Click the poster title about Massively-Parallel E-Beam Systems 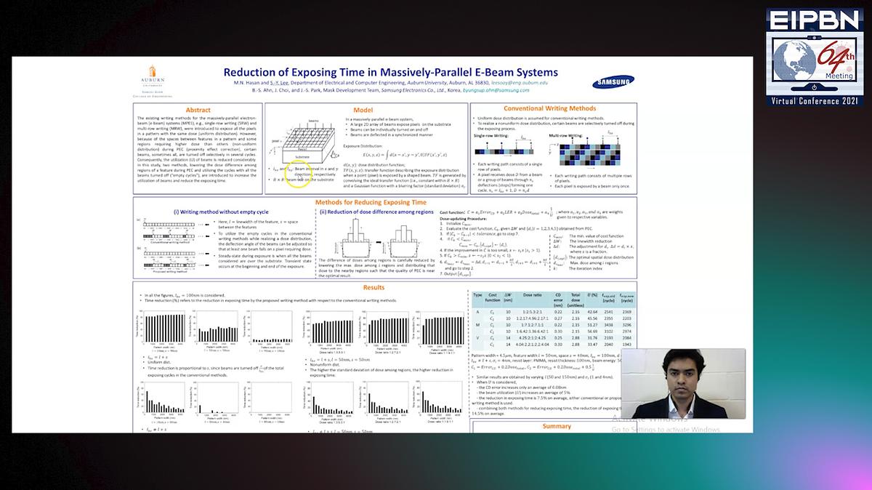pos(390,72)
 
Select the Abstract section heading pos(198,110)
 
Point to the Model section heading pos(363,110)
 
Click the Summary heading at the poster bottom pos(557,426)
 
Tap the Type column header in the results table pos(477,296)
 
